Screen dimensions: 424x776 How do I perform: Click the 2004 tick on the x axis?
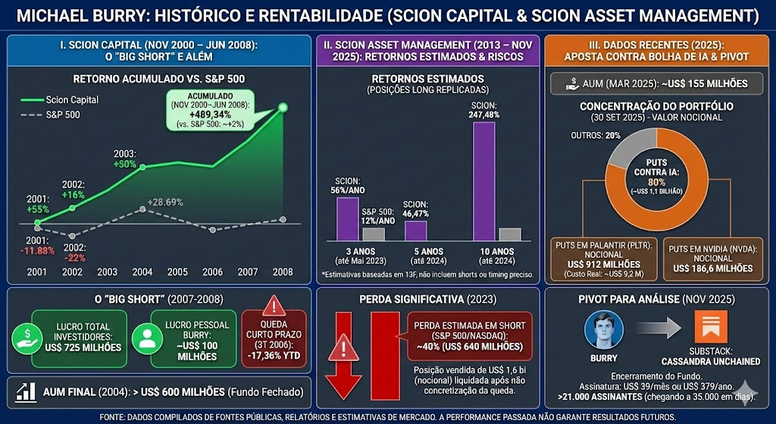click(142, 271)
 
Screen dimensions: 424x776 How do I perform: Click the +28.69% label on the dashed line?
click(166, 202)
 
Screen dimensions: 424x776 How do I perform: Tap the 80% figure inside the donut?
click(656, 182)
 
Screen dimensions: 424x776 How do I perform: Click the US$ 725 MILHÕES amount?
click(83, 347)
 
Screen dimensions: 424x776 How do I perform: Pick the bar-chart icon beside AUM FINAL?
click(27, 392)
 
